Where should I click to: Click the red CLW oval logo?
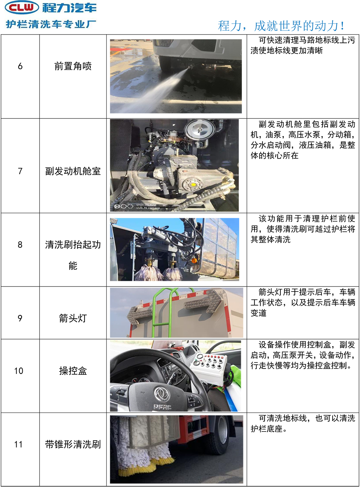tap(22, 8)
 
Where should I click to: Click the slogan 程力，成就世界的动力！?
tap(282, 26)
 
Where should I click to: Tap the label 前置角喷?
tap(73, 66)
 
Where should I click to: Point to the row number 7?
tap(20, 171)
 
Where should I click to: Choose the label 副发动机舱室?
tap(73, 171)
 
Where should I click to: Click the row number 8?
tap(20, 245)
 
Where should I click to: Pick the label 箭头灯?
tap(73, 318)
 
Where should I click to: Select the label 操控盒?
tap(73, 371)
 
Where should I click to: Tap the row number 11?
tap(18, 445)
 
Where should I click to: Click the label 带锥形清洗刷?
tap(73, 445)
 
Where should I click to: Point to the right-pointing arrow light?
tap(203, 301)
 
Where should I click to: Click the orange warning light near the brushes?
tap(194, 261)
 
